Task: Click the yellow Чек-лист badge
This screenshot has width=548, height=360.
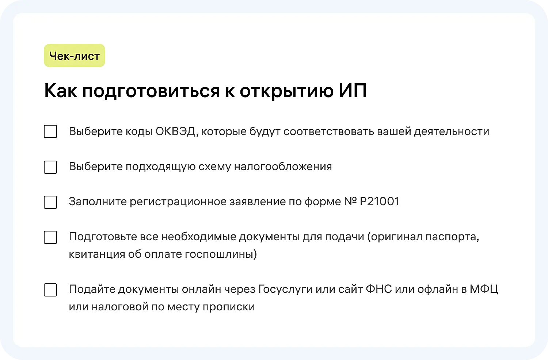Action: point(75,56)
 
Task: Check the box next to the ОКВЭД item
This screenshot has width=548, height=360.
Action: point(50,131)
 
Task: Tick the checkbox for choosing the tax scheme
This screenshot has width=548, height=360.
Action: point(50,167)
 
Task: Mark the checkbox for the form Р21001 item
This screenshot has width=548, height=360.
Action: point(50,202)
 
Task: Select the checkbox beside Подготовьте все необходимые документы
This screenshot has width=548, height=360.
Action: point(50,237)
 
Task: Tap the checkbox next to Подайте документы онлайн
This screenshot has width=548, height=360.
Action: point(50,290)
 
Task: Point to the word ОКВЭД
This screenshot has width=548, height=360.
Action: point(176,131)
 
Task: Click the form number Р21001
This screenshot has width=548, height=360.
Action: point(380,202)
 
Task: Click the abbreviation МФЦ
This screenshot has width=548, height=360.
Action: point(484,289)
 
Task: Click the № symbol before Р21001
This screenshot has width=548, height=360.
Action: point(350,202)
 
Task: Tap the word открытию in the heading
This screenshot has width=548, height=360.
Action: point(286,91)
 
